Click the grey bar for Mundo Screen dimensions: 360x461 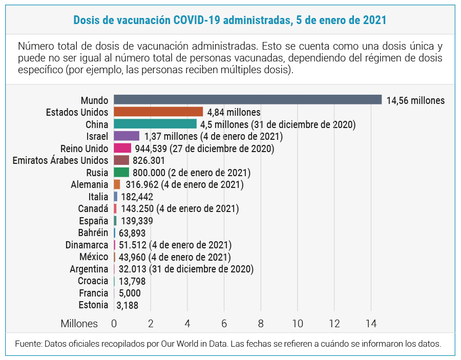[x=247, y=99]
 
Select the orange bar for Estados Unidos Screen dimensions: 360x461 [x=158, y=112]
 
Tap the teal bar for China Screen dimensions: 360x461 [x=155, y=124]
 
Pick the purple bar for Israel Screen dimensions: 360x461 [x=127, y=136]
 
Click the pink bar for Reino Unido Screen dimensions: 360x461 [x=122, y=148]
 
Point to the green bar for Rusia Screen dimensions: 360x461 [x=121, y=172]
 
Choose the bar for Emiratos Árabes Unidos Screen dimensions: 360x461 [x=121, y=160]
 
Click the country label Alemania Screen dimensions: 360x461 [x=89, y=184]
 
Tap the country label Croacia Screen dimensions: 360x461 [x=93, y=281]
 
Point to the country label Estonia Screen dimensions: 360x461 [x=93, y=305]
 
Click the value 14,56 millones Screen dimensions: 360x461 [x=415, y=100]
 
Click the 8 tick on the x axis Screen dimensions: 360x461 [x=261, y=324]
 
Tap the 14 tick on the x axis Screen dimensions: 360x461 [x=371, y=324]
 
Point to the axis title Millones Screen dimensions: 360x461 [x=79, y=324]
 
